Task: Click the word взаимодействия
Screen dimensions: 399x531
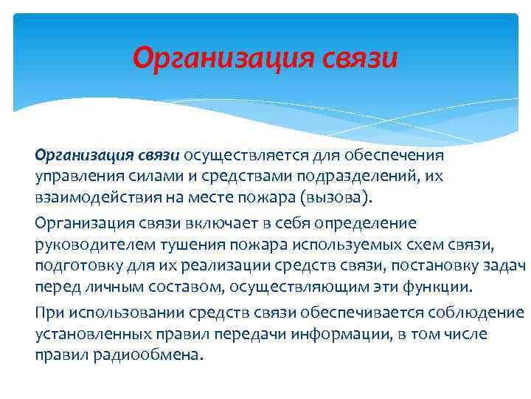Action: click(x=88, y=199)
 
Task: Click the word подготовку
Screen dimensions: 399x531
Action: click(x=72, y=265)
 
